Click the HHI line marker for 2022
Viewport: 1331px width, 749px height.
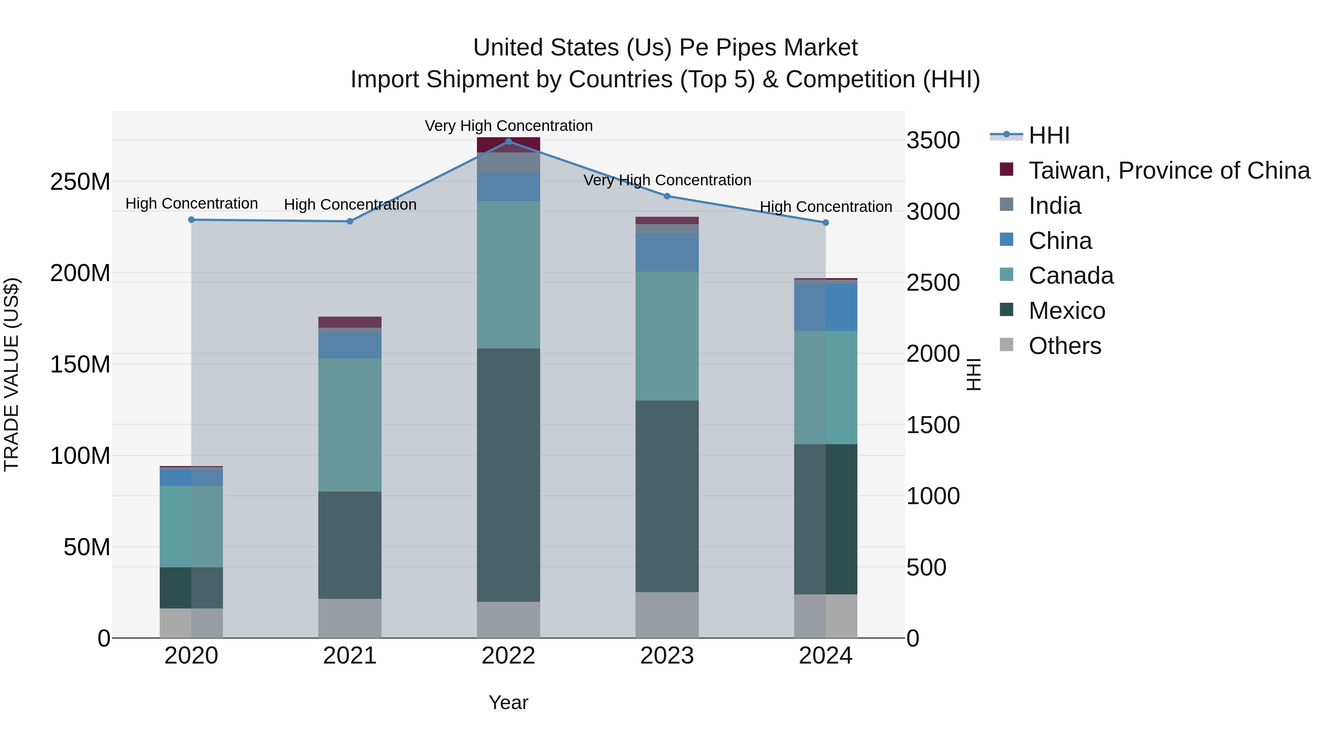coord(508,142)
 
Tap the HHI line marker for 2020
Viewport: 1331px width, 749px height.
coord(191,220)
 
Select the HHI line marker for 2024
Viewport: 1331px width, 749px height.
coord(825,223)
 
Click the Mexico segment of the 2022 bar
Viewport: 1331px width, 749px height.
coord(508,475)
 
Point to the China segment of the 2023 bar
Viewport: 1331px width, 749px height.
coord(667,253)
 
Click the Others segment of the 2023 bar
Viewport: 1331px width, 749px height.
coord(667,615)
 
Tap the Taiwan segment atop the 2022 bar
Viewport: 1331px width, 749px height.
coord(508,145)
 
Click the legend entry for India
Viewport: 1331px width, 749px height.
coord(1054,206)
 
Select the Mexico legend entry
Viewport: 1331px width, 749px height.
coord(1066,311)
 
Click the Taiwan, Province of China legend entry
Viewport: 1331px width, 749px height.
coord(1169,171)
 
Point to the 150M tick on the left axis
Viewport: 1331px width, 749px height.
coord(80,364)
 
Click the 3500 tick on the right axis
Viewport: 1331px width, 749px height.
coord(933,141)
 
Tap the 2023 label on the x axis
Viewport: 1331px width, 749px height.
coord(667,656)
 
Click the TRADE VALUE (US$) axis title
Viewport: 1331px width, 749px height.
coord(11,374)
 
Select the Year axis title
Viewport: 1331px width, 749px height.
coord(508,702)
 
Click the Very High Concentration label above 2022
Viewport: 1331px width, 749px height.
coord(508,126)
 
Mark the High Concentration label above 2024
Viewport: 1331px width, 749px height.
coord(825,207)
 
